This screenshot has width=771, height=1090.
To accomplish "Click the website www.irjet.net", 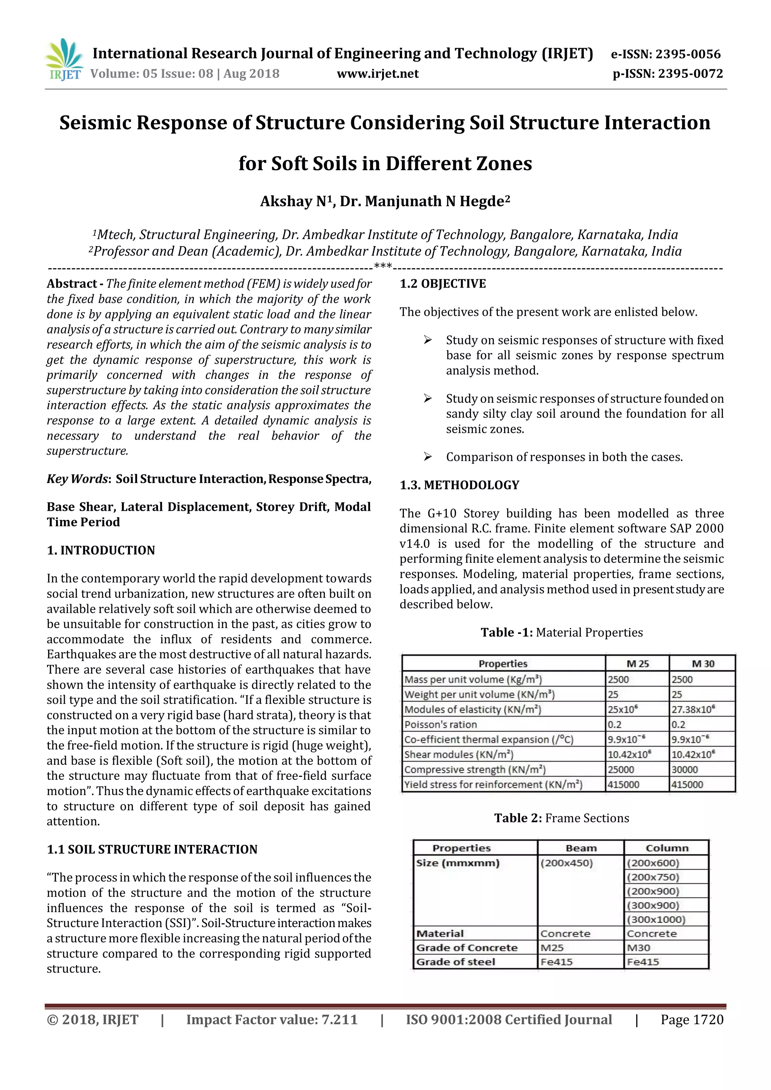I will coord(378,74).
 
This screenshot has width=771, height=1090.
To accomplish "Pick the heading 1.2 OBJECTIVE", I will coord(442,284).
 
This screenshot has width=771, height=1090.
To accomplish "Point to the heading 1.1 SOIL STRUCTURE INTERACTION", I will coord(152,849).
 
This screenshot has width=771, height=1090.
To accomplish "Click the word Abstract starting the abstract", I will coord(72,284).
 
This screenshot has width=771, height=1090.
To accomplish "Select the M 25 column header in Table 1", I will coord(637,664).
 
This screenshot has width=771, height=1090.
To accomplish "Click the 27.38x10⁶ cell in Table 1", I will coord(693,709).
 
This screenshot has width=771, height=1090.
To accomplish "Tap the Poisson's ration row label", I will coord(440,725).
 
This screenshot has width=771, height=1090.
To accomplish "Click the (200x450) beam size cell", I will coord(566,863).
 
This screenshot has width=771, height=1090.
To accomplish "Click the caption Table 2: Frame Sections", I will coord(561,818).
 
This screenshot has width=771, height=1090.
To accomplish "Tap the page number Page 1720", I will coord(692,1020).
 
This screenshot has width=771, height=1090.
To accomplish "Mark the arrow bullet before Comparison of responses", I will coord(427,457).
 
